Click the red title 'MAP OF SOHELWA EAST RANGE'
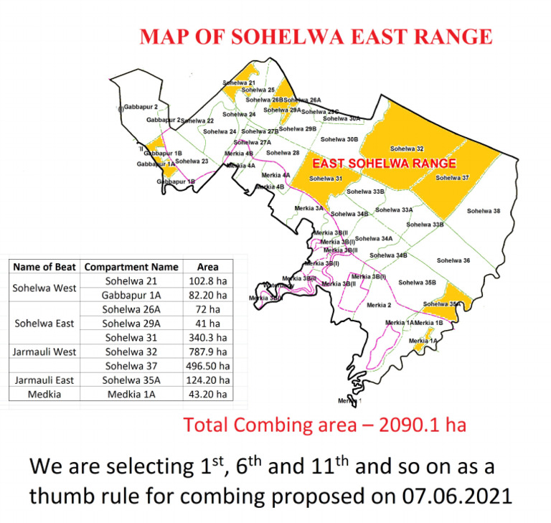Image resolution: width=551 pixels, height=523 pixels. coord(316,37)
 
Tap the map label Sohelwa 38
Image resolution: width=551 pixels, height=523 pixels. coord(484,211)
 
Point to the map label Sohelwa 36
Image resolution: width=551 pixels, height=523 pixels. coord(453,260)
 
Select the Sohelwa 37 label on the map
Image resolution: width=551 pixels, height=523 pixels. coord(452,178)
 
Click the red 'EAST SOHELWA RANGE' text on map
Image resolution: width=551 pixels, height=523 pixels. coord(385,164)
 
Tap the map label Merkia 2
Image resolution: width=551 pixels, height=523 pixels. coord(379,306)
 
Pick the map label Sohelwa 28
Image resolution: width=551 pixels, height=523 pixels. coord(283,153)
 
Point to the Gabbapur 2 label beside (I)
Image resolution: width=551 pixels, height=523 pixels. coord(141,107)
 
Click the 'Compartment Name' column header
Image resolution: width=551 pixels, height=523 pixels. coord(131,267)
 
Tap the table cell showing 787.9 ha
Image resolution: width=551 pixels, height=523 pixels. coord(207,352)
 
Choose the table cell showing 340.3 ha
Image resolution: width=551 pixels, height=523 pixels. coord(207,337)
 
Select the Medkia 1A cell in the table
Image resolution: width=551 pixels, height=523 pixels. coord(131,394)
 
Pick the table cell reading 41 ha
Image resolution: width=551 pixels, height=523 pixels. coord(207,324)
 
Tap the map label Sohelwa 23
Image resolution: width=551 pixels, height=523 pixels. coord(192,161)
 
